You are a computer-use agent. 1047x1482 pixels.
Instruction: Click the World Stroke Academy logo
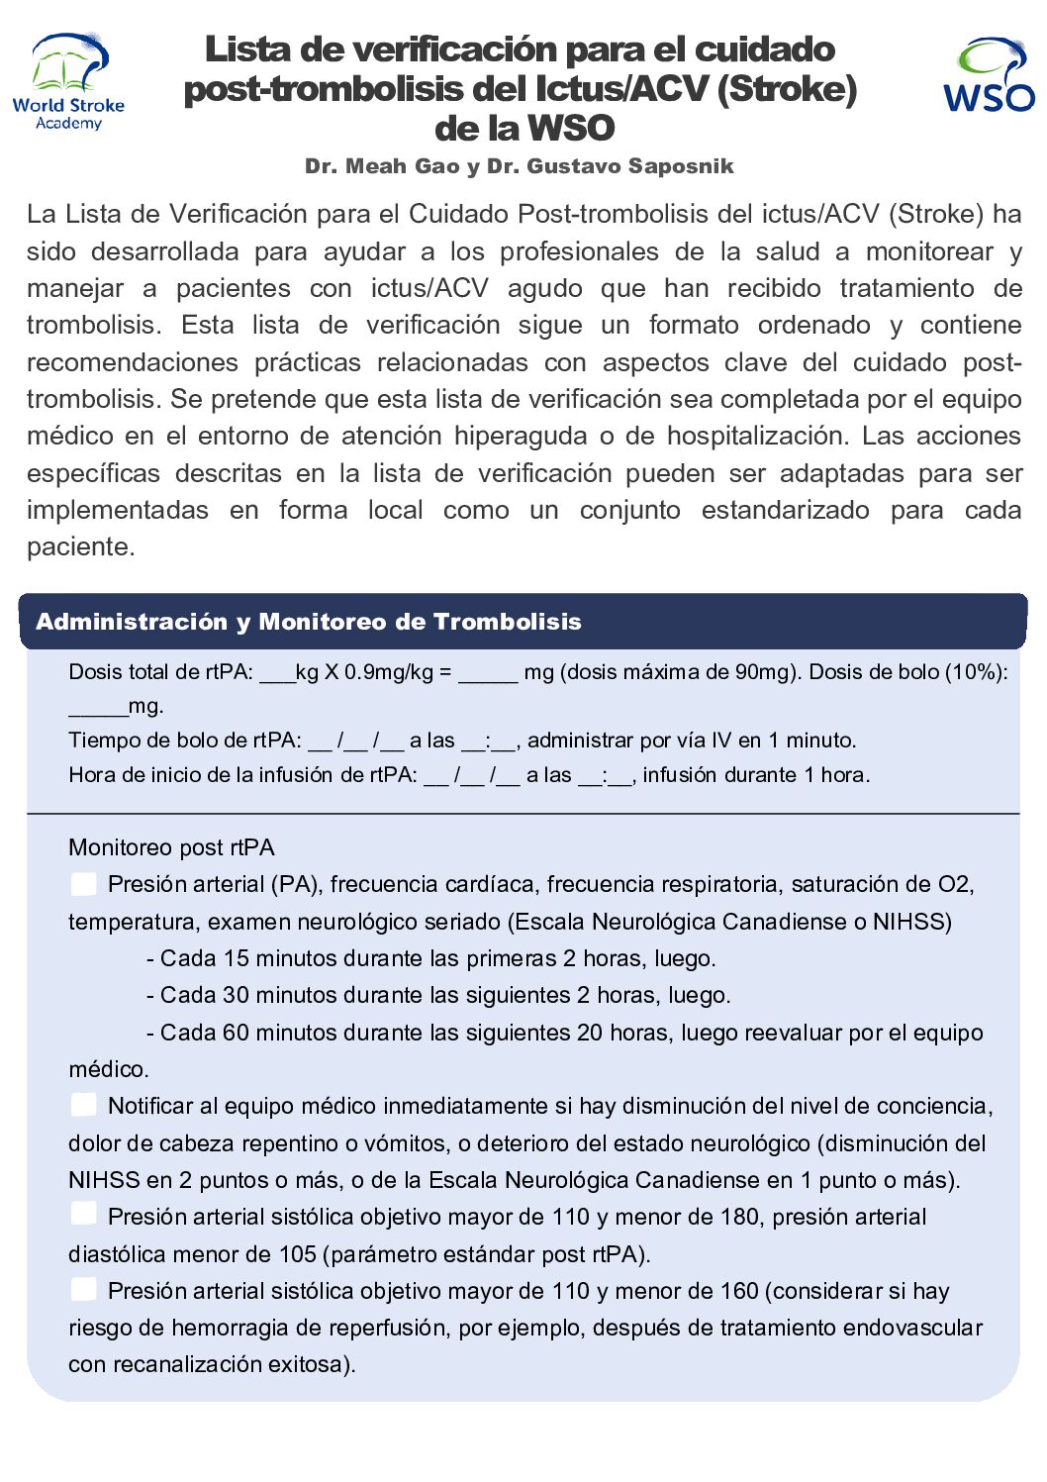(68, 81)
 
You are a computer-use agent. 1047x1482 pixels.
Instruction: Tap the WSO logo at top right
(988, 75)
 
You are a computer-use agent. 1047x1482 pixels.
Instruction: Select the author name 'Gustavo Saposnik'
(630, 166)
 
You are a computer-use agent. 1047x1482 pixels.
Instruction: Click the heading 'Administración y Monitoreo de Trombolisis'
(309, 622)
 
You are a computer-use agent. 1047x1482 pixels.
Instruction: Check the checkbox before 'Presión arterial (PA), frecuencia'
(84, 884)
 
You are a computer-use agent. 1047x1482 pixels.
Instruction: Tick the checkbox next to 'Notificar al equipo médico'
(84, 1105)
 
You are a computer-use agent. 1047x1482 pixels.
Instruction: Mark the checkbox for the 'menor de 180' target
(84, 1216)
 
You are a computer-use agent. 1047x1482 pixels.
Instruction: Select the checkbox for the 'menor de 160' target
(84, 1289)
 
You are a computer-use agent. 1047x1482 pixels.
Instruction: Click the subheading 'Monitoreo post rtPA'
(171, 847)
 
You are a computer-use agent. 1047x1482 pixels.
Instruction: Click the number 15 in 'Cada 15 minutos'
(236, 958)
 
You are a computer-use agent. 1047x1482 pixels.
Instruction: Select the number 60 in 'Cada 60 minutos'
(236, 1033)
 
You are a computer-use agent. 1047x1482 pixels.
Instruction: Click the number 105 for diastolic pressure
(297, 1254)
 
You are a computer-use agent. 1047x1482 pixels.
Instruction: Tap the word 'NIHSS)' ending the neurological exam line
(911, 922)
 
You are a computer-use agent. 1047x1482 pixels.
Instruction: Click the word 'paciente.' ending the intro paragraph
(80, 547)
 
